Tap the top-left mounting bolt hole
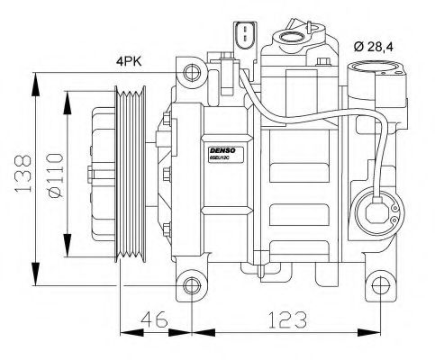pyautogui.click(x=190, y=72)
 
